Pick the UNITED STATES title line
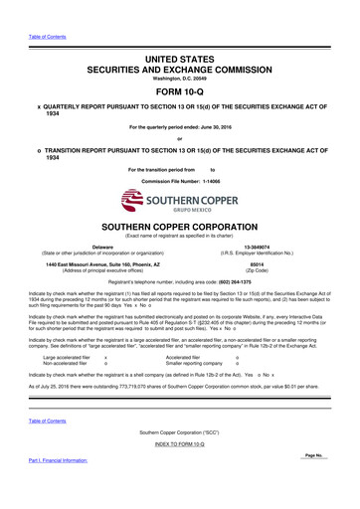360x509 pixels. tap(180, 33)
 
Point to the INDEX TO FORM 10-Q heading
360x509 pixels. tap(180, 471)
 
